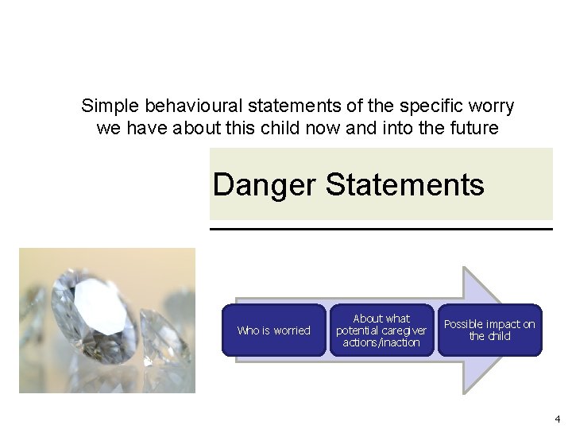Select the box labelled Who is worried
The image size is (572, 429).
[273, 330]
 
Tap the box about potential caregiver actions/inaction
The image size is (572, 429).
[381, 330]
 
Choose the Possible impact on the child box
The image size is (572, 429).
[489, 330]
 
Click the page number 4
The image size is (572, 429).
[557, 419]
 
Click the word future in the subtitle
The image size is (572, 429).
[474, 127]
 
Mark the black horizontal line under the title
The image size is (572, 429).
[381, 229]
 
